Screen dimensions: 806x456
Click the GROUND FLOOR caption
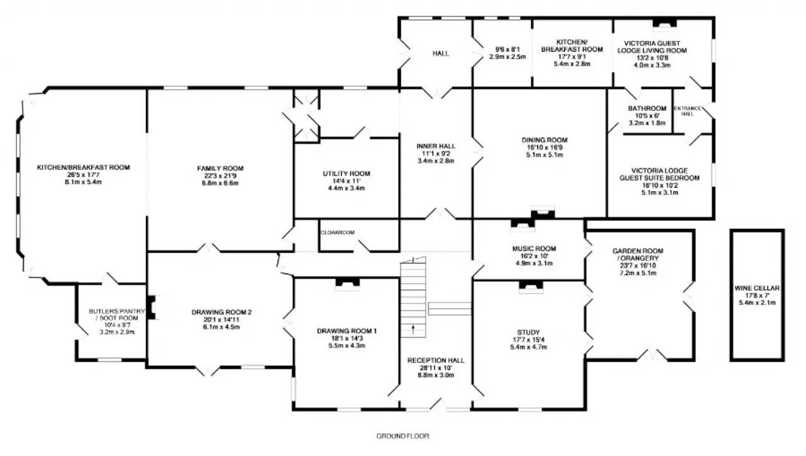point(402,437)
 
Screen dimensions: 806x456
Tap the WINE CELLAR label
point(757,288)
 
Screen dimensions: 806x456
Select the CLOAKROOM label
point(338,233)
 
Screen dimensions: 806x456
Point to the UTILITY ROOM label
point(346,174)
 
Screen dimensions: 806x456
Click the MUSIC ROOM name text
point(534,248)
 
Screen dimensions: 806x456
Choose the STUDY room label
point(528,332)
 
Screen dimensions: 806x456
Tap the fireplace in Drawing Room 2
point(151,307)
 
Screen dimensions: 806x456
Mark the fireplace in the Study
point(531,286)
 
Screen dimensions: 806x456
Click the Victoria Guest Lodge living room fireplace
point(664,23)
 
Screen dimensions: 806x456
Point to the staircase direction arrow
point(412,329)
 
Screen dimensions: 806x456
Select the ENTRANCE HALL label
point(688,111)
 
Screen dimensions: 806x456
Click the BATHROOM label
point(647,108)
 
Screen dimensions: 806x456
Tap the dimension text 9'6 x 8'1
point(508,49)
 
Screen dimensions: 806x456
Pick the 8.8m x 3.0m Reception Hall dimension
point(436,375)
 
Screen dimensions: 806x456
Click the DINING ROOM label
point(545,140)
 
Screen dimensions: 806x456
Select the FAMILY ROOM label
point(220,168)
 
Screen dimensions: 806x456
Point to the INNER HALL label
point(436,146)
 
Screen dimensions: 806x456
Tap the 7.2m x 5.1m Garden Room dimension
point(638,273)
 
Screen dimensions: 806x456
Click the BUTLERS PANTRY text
point(117,311)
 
